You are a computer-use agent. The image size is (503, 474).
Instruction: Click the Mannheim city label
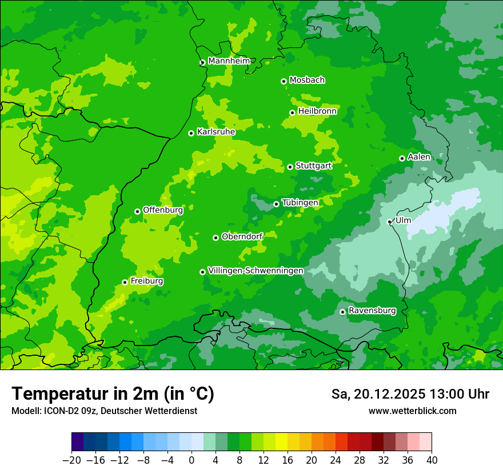(229, 61)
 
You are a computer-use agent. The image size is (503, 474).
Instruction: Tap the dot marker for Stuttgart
(290, 167)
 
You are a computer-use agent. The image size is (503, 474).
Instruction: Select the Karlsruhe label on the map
(216, 132)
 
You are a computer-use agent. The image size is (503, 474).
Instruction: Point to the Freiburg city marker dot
(125, 282)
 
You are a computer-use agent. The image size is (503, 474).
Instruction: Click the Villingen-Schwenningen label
(256, 271)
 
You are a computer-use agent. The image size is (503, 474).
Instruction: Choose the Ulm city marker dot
(390, 222)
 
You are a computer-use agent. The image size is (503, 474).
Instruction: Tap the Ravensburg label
(372, 311)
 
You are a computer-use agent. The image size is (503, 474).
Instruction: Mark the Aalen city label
(419, 157)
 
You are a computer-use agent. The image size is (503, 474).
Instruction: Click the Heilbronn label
(317, 111)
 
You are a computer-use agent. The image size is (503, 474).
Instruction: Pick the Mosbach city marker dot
(284, 81)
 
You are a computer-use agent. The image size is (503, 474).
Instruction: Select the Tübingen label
(300, 203)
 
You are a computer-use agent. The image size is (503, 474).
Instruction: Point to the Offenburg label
(163, 210)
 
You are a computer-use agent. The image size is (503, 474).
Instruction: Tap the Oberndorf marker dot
(215, 238)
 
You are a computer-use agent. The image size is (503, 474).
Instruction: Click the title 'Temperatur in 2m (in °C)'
(113, 394)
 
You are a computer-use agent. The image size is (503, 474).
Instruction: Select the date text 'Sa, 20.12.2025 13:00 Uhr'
(410, 394)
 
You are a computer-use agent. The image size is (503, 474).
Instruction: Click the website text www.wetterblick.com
(412, 411)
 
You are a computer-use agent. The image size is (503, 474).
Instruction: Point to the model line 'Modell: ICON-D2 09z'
(103, 411)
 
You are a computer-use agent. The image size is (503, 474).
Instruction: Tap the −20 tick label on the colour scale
(71, 460)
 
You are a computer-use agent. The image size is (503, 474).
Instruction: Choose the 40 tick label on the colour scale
(432, 460)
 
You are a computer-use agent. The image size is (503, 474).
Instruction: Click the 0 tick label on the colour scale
(191, 460)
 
